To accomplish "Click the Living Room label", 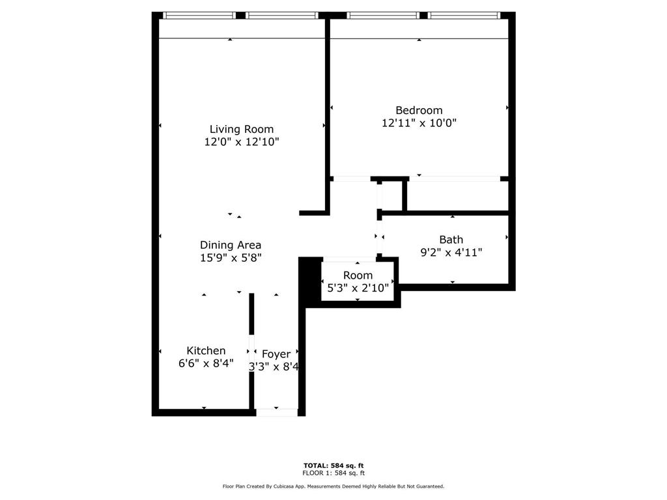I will coord(242,129).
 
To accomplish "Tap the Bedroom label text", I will coord(419,110).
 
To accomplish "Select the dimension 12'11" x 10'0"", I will coord(419,122).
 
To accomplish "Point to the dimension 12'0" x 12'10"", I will coord(242,141).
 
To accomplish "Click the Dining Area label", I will coord(231,245).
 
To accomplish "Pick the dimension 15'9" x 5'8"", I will coord(231,257).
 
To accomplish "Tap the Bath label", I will coord(451,240).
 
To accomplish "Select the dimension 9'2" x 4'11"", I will coord(451,252).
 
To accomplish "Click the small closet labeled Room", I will coord(358,275).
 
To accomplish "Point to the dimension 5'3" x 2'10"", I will coord(358,287).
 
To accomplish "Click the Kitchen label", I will coord(206,350).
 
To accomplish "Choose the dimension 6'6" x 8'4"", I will coord(206,363).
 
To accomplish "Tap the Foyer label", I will coord(276,354).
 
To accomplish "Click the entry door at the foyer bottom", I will coord(277,412).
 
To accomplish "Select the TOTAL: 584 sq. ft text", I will coord(333,465).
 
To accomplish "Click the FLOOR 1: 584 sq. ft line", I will coord(333,473).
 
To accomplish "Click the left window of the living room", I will coord(198,15).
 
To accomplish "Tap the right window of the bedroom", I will coord(464,15).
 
